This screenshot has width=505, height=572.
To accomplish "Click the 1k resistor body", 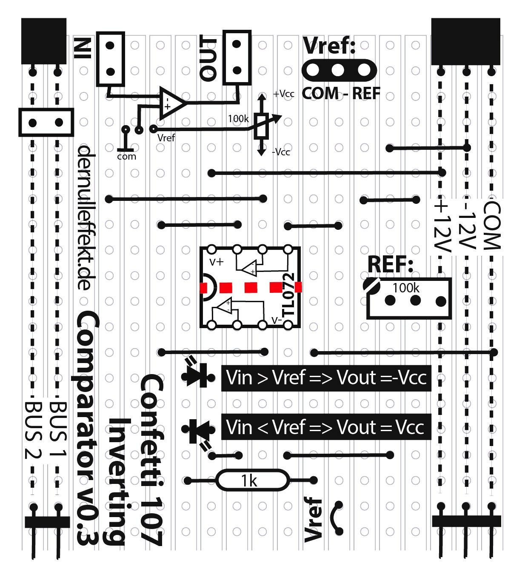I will [250, 480].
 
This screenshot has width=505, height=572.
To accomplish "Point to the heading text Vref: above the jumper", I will [329, 46].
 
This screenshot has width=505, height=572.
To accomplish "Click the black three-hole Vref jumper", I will [339, 70].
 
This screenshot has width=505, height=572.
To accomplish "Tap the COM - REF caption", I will [341, 93].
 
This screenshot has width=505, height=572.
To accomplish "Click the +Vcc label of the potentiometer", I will [283, 94].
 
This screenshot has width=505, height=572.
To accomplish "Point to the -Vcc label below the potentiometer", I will [281, 152].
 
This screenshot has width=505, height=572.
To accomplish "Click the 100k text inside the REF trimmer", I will [405, 288].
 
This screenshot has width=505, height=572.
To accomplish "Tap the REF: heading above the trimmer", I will [390, 264].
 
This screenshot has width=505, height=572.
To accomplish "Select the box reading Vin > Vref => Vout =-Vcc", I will [326, 378].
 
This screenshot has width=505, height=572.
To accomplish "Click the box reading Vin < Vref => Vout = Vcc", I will [326, 427].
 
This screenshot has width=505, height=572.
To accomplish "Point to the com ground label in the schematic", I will [127, 156].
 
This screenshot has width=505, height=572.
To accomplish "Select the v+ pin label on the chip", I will [216, 262].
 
